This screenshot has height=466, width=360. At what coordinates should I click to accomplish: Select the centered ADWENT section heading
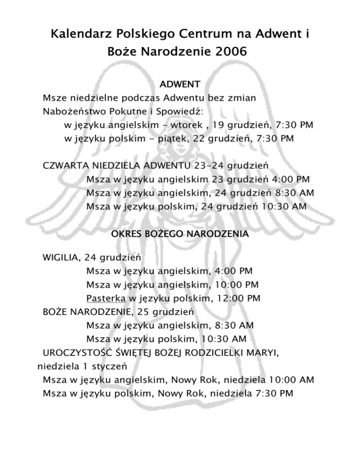(180, 84)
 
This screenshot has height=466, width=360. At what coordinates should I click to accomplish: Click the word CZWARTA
(63, 166)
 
